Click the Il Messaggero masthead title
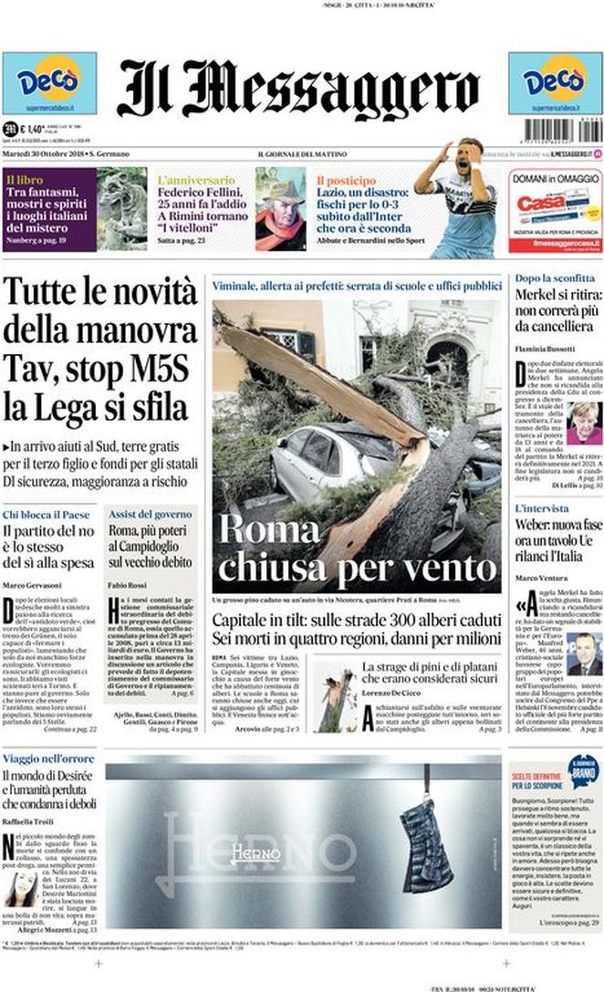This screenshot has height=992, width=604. coord(297,89)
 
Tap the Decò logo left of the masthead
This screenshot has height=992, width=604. coord(48,83)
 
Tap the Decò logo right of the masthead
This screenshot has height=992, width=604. coord(555,83)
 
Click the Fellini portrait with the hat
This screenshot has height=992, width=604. coord(280,208)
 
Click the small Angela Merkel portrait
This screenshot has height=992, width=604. coord(584,423)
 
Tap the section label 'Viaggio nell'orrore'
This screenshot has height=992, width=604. coord(49,758)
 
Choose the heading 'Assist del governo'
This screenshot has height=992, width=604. coord(149,515)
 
